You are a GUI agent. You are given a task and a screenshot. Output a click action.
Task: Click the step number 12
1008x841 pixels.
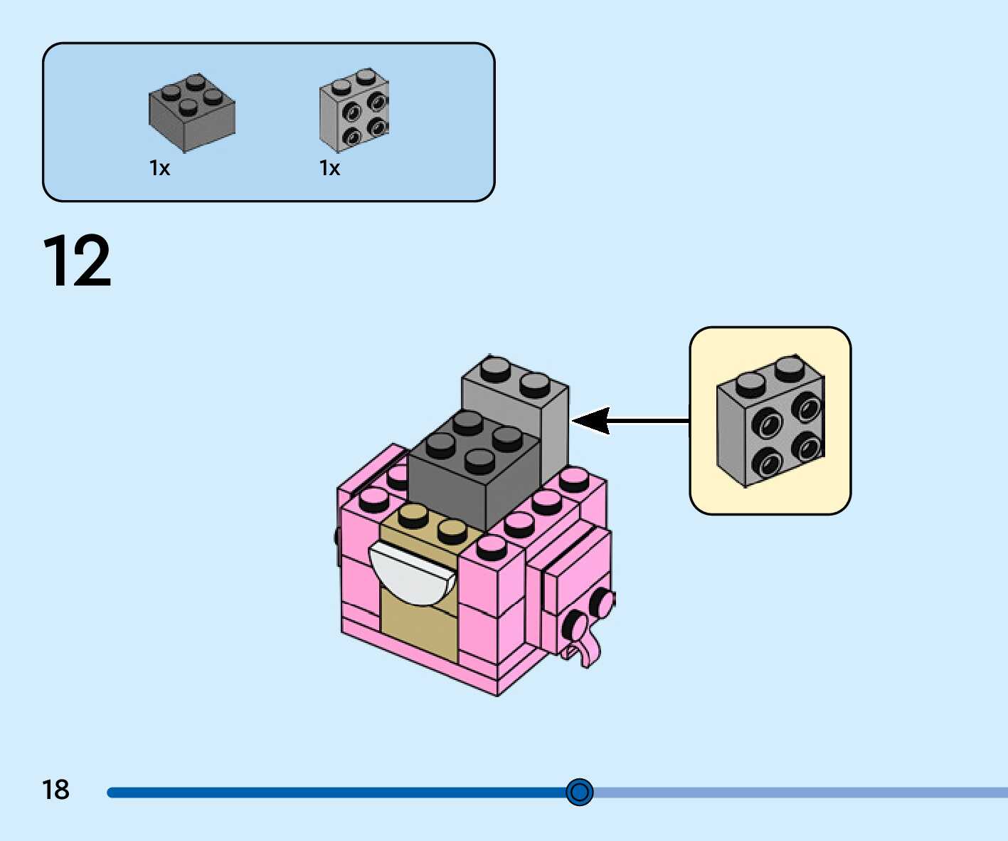[77, 261]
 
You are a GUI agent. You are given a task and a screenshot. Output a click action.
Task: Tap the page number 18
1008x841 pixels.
[55, 790]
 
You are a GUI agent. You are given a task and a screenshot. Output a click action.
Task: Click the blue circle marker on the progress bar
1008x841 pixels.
[580, 792]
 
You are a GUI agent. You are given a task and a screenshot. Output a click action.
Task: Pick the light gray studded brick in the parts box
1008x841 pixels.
[354, 110]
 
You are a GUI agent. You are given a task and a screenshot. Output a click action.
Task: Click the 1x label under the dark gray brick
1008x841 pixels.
[159, 168]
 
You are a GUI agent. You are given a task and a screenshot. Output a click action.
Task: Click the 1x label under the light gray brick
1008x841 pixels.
[329, 168]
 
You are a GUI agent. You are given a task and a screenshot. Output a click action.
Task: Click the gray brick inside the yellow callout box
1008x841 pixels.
[770, 420]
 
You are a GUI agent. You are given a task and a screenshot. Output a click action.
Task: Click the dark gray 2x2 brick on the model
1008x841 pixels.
[473, 474]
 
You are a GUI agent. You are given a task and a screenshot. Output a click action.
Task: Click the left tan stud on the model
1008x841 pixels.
[413, 514]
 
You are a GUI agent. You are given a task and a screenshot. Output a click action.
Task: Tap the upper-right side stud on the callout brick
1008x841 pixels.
[807, 409]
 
